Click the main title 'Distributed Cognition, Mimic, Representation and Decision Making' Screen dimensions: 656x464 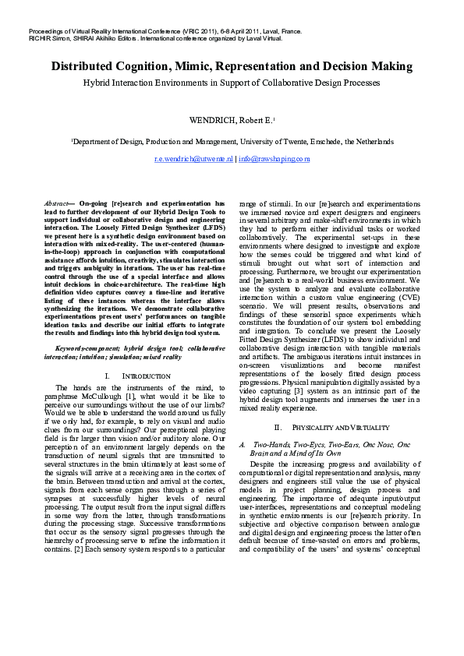click(x=232, y=65)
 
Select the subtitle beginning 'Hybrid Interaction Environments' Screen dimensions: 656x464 click(x=232, y=81)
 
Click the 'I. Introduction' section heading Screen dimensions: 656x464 click(x=137, y=376)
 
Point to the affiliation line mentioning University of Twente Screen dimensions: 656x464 click(x=232, y=142)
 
